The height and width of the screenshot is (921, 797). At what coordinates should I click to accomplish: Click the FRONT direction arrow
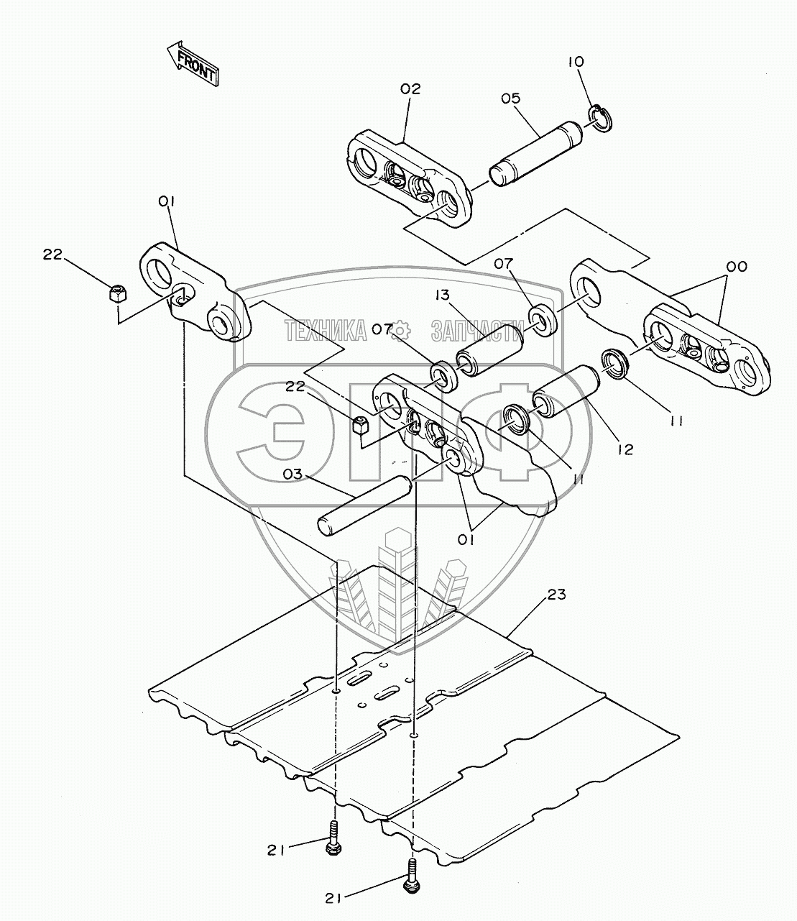[x=191, y=63]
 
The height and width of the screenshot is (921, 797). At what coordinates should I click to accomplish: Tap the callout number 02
[x=410, y=89]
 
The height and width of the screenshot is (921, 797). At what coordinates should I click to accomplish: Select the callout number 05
[x=510, y=98]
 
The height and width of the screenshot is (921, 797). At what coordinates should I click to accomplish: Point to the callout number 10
[x=576, y=62]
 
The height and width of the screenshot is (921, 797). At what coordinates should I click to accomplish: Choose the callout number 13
[x=441, y=296]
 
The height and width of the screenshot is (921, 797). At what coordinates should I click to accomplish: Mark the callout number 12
[x=625, y=449]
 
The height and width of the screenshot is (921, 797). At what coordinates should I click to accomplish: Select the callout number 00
[x=736, y=266]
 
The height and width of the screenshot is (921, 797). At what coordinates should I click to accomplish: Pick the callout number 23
[x=556, y=595]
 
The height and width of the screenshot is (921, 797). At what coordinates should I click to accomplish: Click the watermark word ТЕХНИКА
[x=326, y=331]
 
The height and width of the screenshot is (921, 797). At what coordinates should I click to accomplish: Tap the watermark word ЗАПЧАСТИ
[x=475, y=331]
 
